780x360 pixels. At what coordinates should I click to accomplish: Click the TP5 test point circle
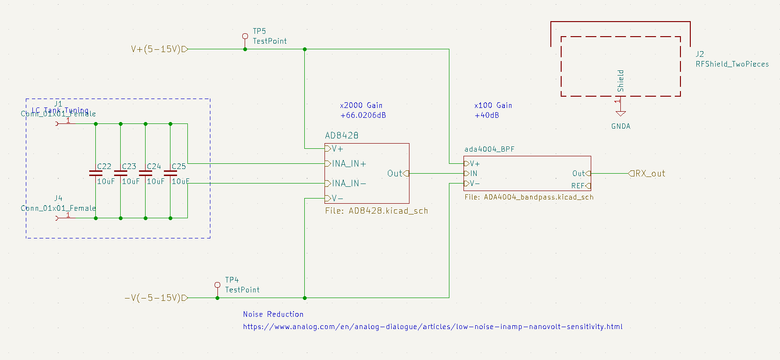coord(245,36)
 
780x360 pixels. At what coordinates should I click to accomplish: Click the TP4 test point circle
coord(217,285)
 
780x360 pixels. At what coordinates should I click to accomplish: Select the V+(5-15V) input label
coord(156,49)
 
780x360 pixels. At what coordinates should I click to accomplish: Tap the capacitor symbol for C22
coord(96,173)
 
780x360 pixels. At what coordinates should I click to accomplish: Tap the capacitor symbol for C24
coord(146,173)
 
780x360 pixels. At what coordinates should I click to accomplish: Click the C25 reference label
coord(179,167)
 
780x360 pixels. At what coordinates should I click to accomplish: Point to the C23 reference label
coord(129,167)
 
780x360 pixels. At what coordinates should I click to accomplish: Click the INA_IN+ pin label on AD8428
coord(349,164)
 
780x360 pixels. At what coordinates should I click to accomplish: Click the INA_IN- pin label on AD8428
coord(349,184)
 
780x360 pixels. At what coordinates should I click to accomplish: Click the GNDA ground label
coord(621,126)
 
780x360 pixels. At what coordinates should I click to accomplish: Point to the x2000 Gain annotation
coord(361,106)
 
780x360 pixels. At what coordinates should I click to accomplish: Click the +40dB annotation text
coord(487,115)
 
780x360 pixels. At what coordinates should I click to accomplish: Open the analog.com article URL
coord(432,327)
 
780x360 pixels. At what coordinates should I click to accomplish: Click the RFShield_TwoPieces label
coord(732,64)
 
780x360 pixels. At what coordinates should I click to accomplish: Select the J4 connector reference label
coord(58,199)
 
